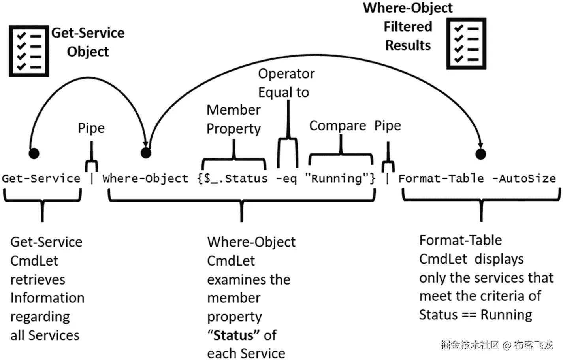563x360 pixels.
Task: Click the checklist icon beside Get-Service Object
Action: click(x=29, y=51)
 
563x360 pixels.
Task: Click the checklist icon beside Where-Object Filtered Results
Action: click(x=466, y=44)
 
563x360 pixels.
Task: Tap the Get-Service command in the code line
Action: click(x=41, y=179)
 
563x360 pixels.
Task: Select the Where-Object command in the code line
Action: click(x=145, y=179)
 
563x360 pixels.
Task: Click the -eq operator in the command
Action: click(x=286, y=179)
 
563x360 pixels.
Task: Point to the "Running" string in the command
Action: click(x=337, y=179)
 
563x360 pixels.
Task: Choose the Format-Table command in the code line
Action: click(x=441, y=179)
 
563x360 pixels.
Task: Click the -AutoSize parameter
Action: click(x=524, y=179)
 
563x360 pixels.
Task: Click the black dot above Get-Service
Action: click(x=34, y=153)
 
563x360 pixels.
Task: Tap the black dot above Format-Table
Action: click(x=481, y=154)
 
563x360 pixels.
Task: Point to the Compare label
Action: click(x=337, y=126)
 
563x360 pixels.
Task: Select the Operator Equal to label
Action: click(x=286, y=83)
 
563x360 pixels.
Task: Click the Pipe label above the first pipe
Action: click(x=91, y=128)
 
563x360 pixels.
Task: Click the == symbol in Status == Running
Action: click(x=469, y=315)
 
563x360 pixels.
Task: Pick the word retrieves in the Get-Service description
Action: click(x=38, y=280)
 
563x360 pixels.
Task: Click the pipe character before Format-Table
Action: click(x=387, y=179)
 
